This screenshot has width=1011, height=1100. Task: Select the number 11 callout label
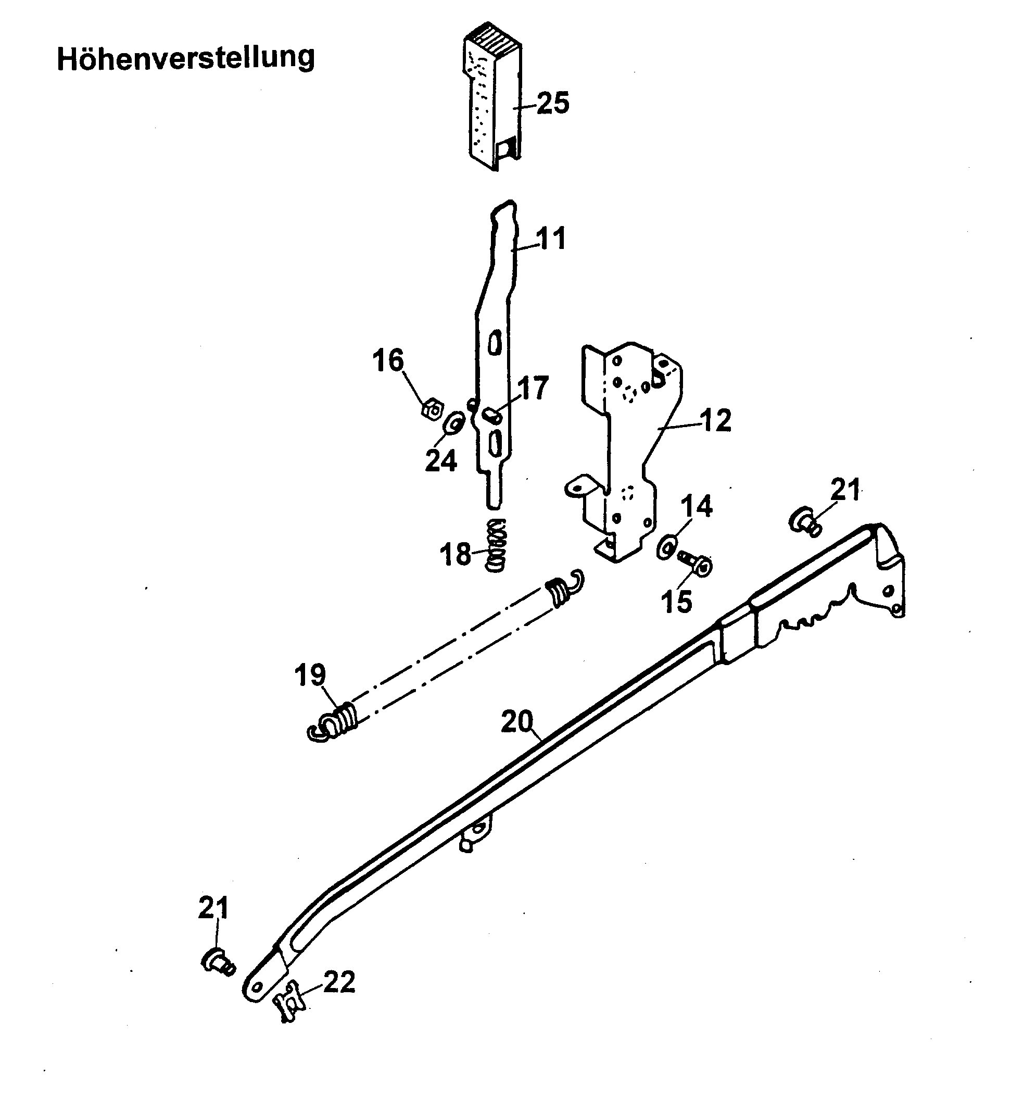tap(550, 239)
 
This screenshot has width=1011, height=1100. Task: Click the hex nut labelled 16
tap(433, 409)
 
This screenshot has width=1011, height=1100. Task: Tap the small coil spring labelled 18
tap(497, 545)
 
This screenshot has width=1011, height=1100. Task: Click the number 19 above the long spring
tap(310, 675)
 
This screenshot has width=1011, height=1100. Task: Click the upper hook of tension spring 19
tap(576, 579)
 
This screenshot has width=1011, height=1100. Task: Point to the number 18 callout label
tap(455, 554)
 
